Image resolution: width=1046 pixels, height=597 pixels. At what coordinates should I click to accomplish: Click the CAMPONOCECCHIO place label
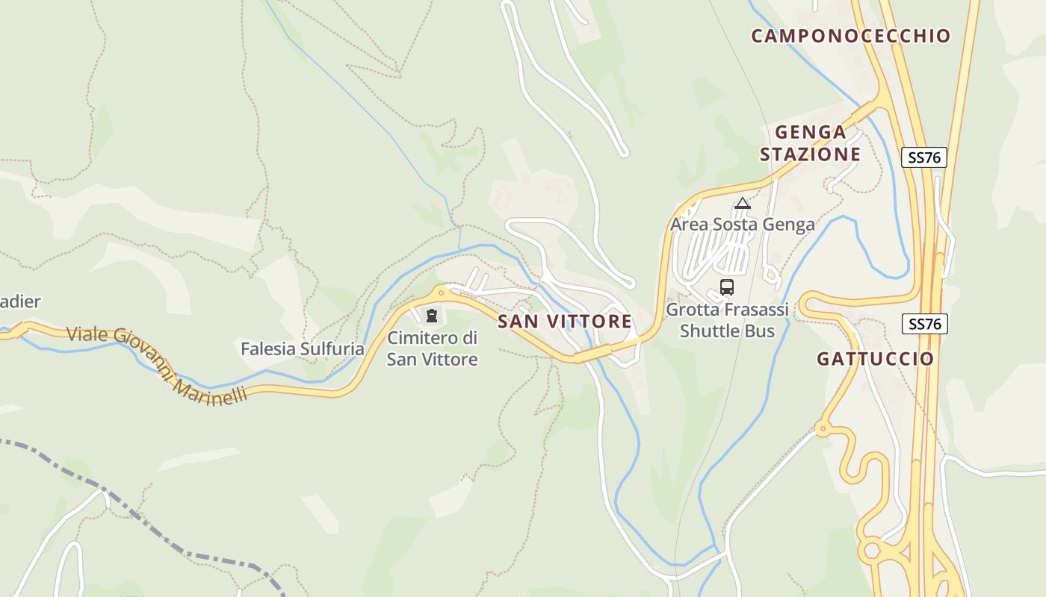(850, 36)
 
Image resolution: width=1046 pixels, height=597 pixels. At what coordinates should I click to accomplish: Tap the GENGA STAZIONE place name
(811, 143)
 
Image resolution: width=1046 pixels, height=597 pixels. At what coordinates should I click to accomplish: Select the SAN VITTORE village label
(565, 322)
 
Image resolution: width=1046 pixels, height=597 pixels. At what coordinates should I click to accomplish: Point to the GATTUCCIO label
(875, 359)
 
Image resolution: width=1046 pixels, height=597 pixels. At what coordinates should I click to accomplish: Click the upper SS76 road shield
(923, 157)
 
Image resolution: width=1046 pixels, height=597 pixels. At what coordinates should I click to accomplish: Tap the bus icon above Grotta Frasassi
(726, 287)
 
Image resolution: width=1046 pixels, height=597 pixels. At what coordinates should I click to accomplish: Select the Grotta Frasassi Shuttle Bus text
(727, 319)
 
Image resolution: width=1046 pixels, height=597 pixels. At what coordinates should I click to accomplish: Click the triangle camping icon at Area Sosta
(742, 204)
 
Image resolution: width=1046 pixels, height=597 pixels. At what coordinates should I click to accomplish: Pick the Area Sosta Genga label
(742, 225)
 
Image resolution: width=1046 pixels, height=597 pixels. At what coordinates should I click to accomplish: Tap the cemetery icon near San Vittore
(431, 316)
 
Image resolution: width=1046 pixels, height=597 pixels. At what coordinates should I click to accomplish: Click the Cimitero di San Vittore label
(432, 348)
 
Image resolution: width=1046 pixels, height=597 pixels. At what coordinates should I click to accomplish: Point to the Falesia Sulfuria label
(302, 348)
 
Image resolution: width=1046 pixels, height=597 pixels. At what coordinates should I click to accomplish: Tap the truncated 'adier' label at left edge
(20, 302)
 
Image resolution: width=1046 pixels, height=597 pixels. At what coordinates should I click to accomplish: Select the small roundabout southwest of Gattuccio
(823, 428)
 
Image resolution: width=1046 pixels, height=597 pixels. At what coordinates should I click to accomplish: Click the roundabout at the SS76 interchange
(870, 551)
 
